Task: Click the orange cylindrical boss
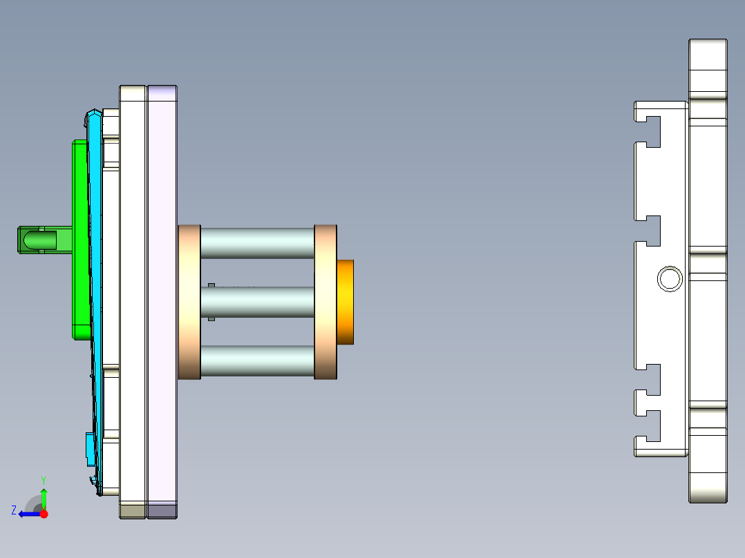coord(346,302)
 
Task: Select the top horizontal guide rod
coord(257,243)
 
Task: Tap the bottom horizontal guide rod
coord(257,360)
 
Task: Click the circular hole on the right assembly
coord(670,279)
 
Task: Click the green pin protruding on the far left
coord(38,240)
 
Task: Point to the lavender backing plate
coord(162,290)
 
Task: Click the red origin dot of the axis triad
coord(44,514)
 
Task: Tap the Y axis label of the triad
coord(43,479)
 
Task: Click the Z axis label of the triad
coord(14,510)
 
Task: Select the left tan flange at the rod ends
coord(189,302)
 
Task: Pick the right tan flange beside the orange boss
coord(326,302)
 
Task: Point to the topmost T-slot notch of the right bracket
coord(642,120)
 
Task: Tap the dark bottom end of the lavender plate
coord(162,511)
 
